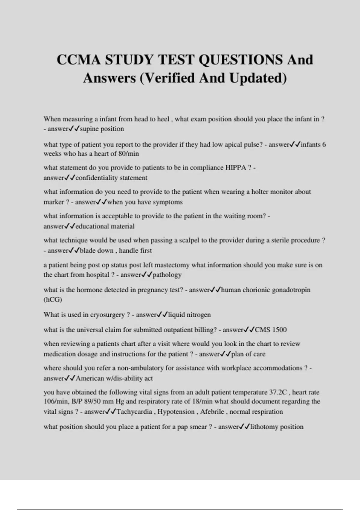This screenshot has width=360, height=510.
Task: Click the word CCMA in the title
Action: [x=79, y=59]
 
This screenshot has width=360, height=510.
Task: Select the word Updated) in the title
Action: [x=258, y=78]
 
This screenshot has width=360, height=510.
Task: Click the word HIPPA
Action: [x=236, y=167]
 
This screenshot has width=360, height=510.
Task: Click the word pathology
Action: [x=167, y=275]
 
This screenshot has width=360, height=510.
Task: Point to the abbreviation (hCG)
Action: [x=53, y=299]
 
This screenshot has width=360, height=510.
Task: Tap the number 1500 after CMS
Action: [x=279, y=330]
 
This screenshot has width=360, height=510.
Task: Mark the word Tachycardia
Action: [x=134, y=412]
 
